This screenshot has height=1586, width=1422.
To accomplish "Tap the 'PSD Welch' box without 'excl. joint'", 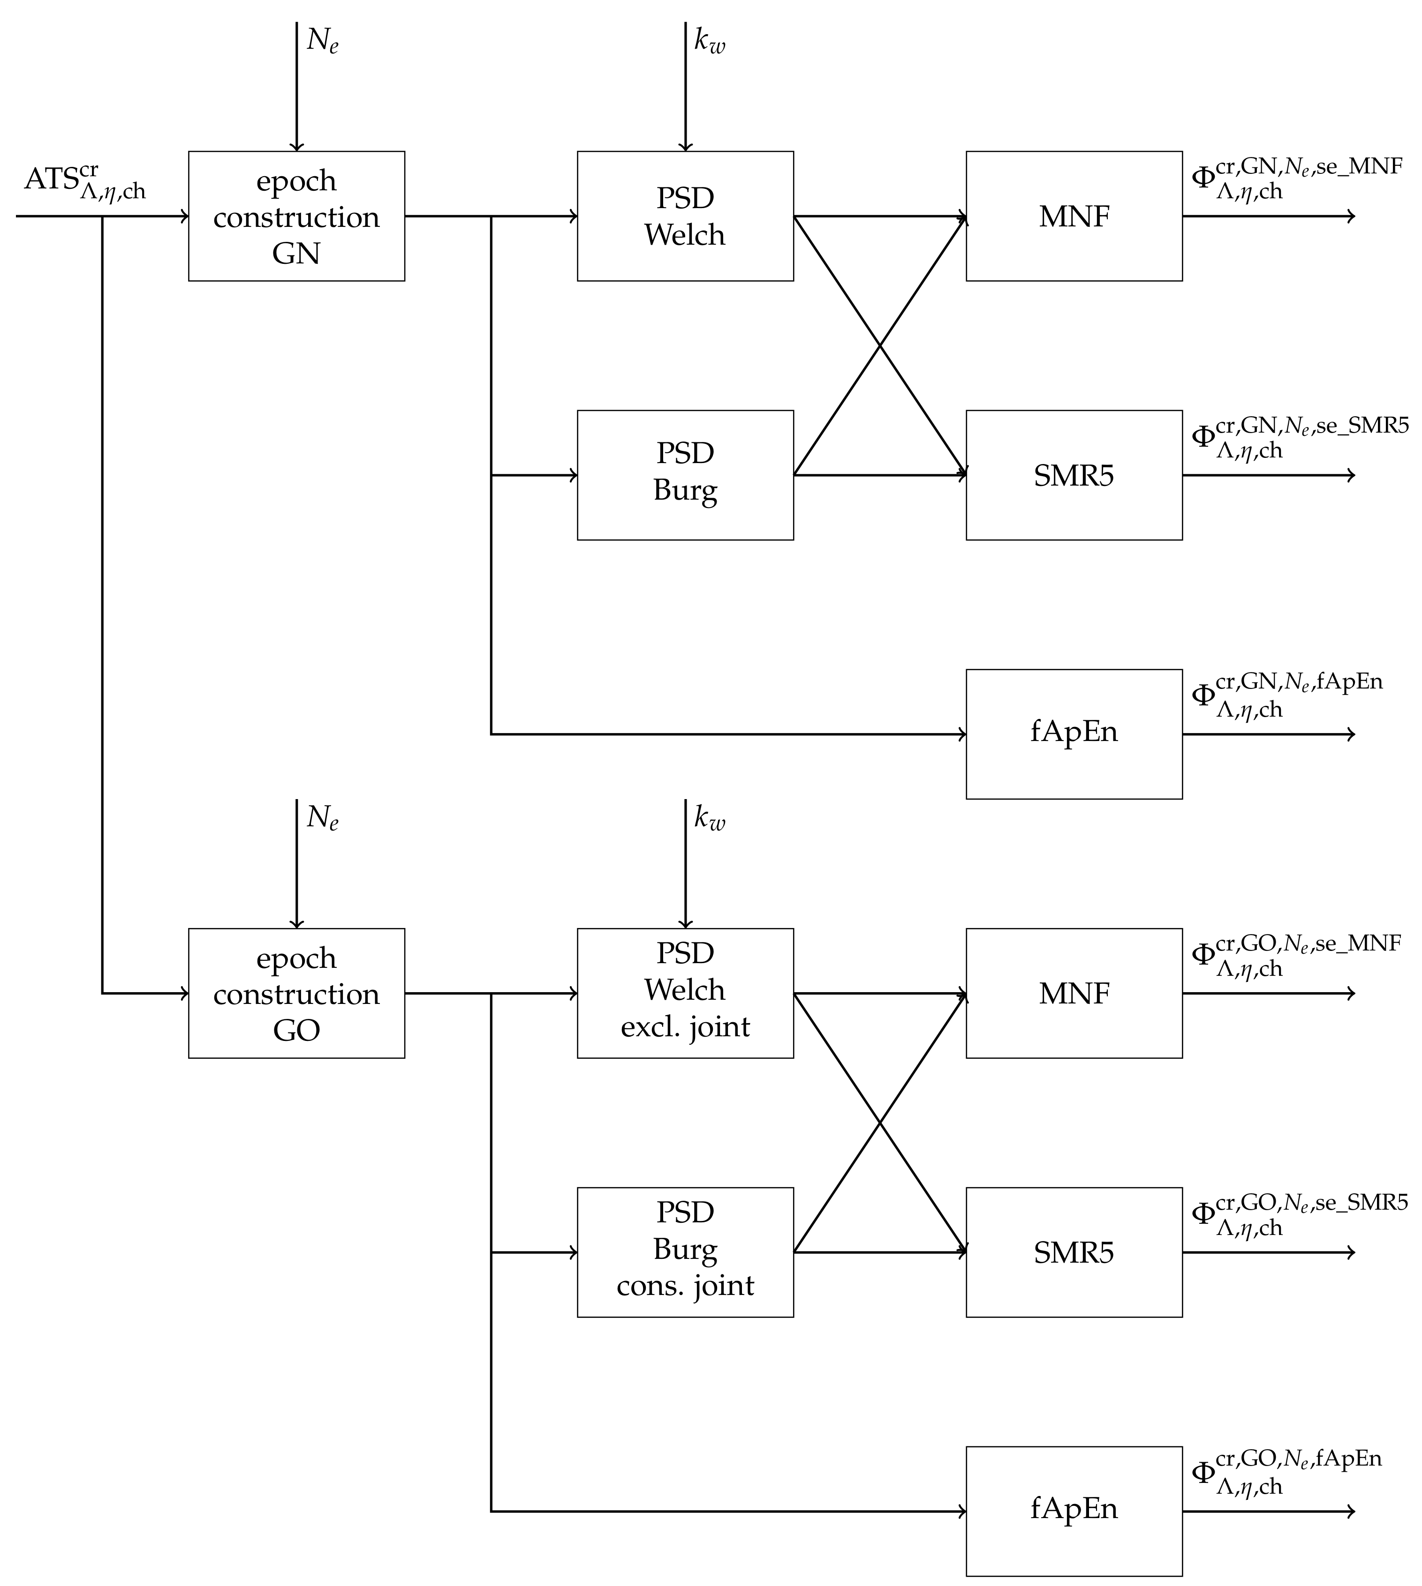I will (685, 217).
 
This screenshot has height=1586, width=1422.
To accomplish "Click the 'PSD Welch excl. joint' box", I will (685, 993).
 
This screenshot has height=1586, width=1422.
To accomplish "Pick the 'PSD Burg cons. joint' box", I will (685, 1253).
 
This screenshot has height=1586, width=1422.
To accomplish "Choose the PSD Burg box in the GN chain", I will (685, 475).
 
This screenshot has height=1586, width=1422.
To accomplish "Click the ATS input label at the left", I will (84, 182).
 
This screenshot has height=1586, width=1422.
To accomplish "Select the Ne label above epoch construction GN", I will (322, 41).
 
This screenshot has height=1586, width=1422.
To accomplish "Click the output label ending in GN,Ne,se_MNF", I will (1295, 178).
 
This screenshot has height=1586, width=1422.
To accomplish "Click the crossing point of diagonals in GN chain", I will (881, 345).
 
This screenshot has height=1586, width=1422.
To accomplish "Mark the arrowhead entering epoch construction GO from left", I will (185, 993).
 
